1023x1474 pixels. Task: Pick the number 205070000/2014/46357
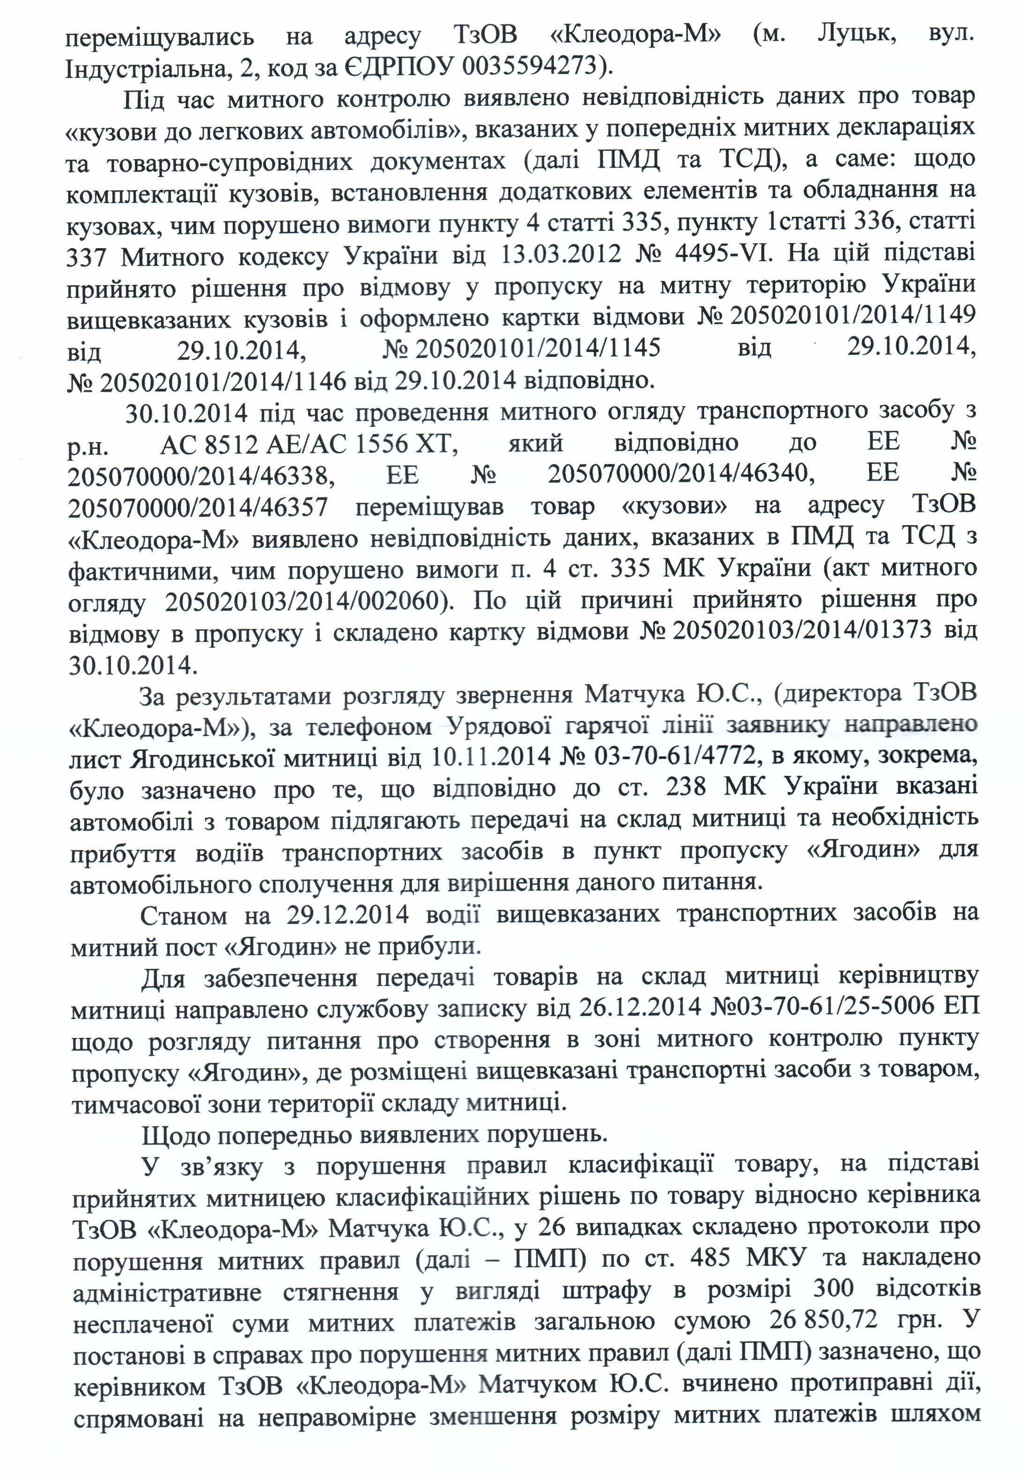pyautogui.click(x=198, y=507)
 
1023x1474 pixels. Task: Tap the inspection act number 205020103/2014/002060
pyautogui.click(x=304, y=602)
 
